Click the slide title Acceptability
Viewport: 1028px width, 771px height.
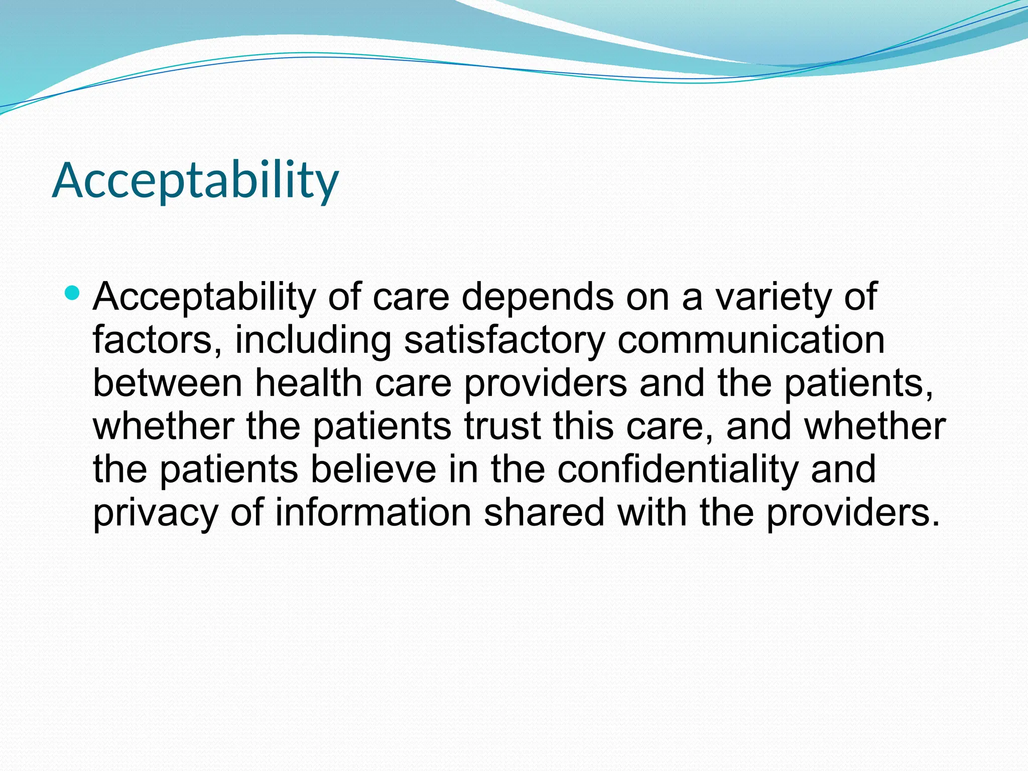(195, 181)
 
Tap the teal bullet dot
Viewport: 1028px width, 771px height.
(72, 293)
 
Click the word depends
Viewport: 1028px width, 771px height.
(538, 297)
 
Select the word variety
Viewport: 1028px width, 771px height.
(773, 297)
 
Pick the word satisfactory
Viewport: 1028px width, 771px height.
(504, 340)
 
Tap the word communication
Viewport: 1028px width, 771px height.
(751, 340)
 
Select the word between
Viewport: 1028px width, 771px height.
(168, 383)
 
